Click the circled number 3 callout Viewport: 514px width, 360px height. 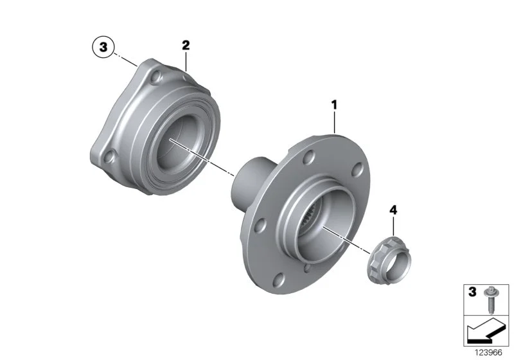(x=103, y=47)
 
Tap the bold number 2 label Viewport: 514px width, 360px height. (x=186, y=45)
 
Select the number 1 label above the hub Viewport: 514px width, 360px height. (x=334, y=105)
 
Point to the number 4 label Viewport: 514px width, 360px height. (x=393, y=210)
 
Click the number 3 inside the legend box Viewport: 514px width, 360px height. (x=472, y=292)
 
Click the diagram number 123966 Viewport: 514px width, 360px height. (x=488, y=352)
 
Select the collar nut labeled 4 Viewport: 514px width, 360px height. (x=389, y=260)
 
